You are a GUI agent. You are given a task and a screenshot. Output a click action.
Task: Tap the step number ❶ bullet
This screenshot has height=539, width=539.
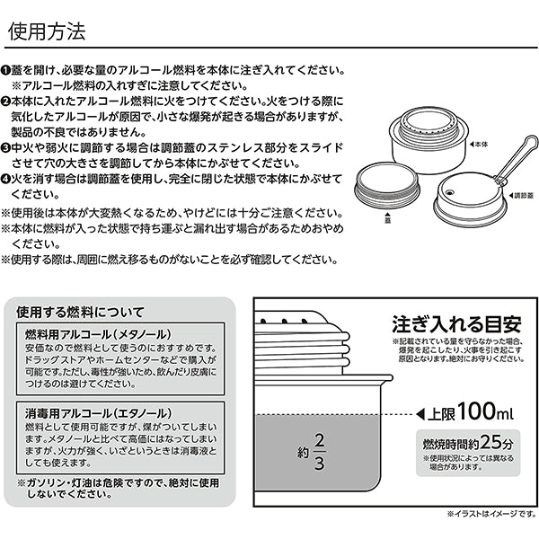[x=6, y=70]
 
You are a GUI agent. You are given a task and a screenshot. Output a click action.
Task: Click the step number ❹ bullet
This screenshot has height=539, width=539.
[x=6, y=178]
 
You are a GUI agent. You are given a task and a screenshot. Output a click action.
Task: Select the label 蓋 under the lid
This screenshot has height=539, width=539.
[x=388, y=216]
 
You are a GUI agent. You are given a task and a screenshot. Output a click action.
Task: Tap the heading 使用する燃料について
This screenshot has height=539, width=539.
[x=80, y=313]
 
